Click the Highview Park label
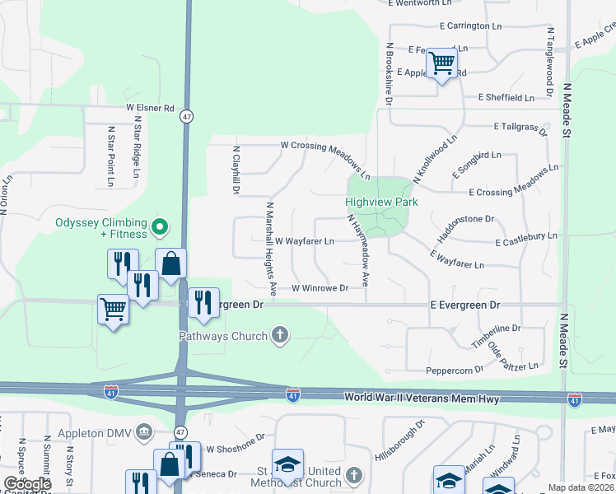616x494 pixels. point(381,202)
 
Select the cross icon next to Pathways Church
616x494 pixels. point(280,335)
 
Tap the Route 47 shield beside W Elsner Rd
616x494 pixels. point(188,117)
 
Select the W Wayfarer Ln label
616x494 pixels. point(304,242)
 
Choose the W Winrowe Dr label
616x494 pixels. point(320,288)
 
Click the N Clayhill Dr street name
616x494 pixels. point(235,169)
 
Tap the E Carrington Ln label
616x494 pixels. point(470,26)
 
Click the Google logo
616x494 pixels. point(27,484)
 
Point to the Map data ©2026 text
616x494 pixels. point(581,487)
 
